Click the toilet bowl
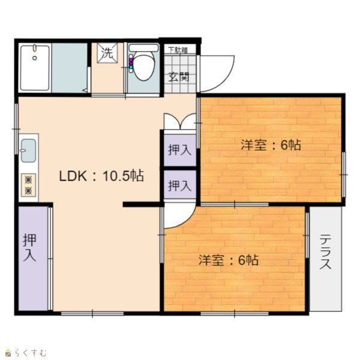point(144,67)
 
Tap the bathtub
point(35,68)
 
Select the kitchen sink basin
point(28,151)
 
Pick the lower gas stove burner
point(28,191)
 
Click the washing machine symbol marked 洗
point(107,53)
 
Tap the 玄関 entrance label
point(179,77)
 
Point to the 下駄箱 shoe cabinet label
point(178,50)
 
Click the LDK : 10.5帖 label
point(101,176)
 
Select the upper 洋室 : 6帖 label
point(271,145)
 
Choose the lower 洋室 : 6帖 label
point(229,260)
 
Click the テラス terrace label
point(325,251)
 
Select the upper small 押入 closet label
point(179,150)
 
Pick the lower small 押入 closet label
point(179,185)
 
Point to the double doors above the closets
point(180,122)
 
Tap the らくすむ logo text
point(31,353)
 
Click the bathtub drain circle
point(35,58)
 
